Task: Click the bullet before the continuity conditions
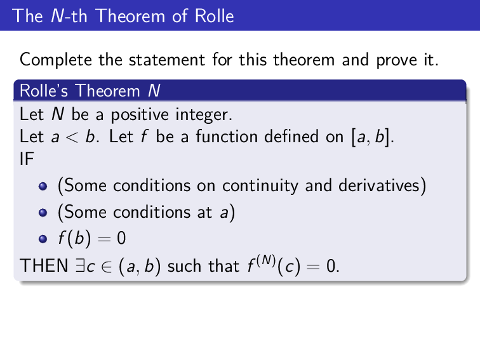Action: coord(44,187)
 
